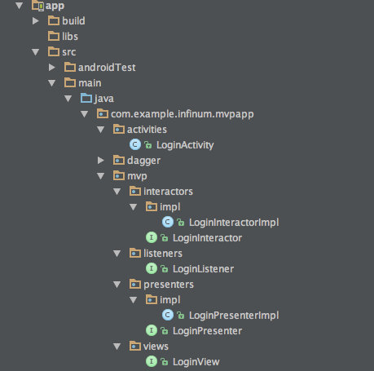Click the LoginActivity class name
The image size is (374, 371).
click(185, 145)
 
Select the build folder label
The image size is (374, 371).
click(73, 21)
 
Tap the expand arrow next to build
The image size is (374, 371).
click(36, 21)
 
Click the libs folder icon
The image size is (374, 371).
click(54, 36)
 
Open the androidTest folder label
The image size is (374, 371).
click(107, 68)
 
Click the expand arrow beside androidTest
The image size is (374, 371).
click(52, 68)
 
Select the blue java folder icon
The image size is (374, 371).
click(86, 98)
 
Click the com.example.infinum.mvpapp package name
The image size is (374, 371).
click(183, 114)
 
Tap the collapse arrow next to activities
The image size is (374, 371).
click(101, 130)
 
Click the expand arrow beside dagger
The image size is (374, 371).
click(101, 161)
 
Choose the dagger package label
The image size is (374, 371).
click(143, 161)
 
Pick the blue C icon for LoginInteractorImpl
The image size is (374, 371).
click(168, 222)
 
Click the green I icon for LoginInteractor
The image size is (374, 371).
click(152, 237)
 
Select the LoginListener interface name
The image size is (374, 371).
click(203, 269)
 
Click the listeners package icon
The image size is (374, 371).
click(135, 254)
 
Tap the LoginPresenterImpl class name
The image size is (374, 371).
click(234, 316)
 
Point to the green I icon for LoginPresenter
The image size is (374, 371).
click(152, 330)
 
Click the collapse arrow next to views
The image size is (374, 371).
click(117, 347)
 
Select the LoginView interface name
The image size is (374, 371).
click(196, 362)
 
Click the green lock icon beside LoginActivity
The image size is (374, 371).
click(148, 145)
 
